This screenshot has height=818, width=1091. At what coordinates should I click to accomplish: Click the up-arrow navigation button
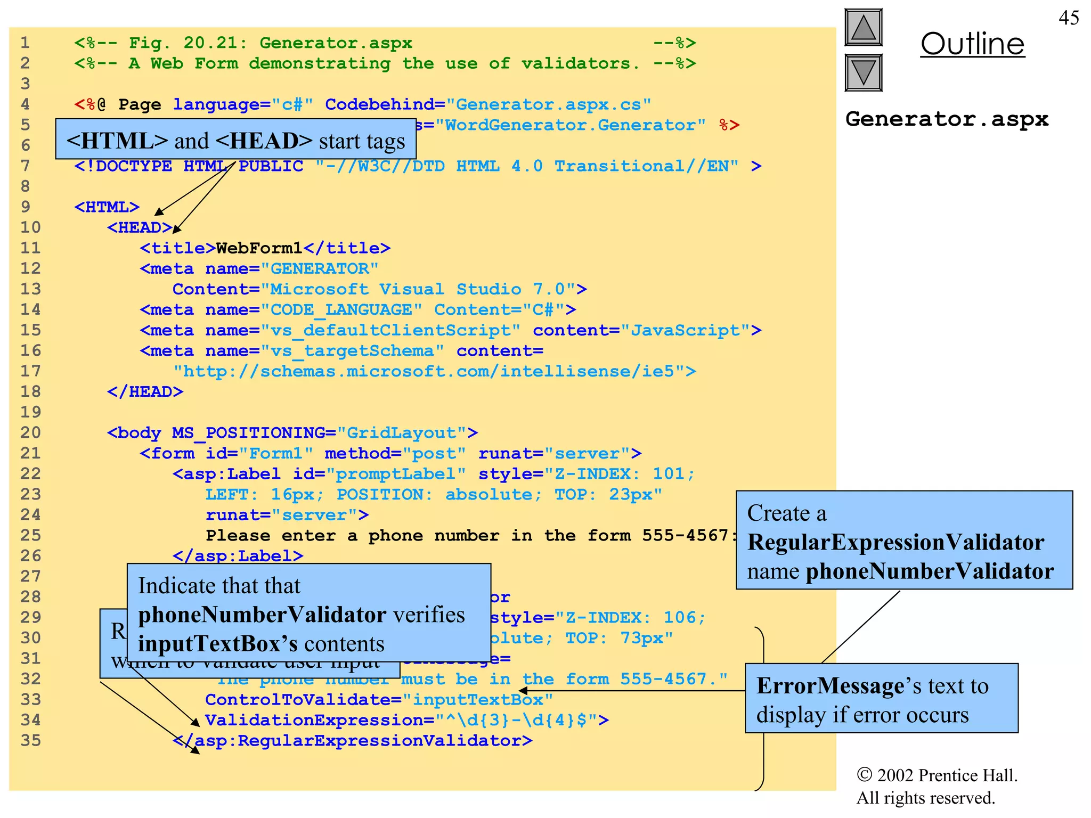[863, 27]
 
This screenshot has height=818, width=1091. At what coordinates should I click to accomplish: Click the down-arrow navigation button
[863, 72]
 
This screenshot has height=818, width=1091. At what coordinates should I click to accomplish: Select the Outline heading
[972, 44]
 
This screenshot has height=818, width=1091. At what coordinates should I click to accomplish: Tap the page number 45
[1068, 18]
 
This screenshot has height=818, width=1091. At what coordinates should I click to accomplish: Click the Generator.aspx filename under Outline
[947, 119]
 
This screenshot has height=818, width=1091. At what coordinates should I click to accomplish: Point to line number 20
[30, 432]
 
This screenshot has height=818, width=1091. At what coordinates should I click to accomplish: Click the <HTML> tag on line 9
[107, 207]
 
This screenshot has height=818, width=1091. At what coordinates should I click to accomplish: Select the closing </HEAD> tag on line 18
[145, 392]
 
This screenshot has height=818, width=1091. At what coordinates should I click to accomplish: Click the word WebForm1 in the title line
[259, 248]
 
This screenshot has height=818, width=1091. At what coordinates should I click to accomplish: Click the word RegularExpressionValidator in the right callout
[895, 542]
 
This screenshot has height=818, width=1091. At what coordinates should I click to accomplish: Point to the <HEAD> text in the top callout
[264, 141]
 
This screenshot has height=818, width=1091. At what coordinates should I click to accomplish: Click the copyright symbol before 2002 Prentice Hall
[864, 775]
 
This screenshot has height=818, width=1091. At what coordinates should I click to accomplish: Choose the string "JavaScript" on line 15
[685, 331]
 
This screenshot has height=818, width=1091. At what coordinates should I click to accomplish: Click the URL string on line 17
[434, 371]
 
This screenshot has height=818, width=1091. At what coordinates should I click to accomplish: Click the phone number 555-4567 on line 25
[685, 535]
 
